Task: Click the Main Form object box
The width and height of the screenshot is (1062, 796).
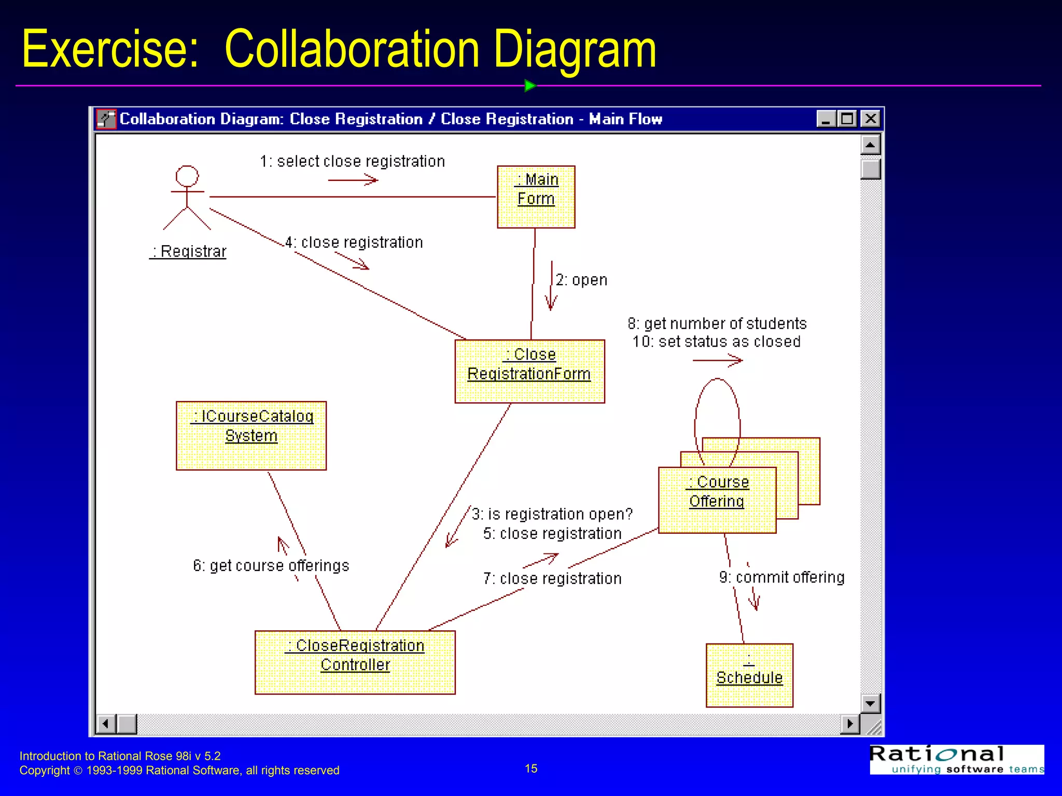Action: tap(536, 196)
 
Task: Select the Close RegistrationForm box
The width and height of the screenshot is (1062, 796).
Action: tap(529, 371)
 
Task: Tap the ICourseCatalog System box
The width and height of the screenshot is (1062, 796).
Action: tap(251, 435)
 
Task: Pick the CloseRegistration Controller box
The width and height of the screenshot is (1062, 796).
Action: tap(355, 662)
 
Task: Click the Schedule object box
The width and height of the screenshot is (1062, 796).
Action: tap(749, 675)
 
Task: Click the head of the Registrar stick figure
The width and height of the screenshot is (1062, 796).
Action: tap(187, 176)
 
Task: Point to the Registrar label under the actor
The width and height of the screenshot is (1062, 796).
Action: tap(188, 251)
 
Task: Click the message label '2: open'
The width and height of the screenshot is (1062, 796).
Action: tap(581, 280)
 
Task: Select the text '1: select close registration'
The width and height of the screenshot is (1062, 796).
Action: tap(352, 162)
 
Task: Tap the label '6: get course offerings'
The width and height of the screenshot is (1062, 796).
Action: tap(271, 565)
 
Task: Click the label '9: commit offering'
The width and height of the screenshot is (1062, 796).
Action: tap(781, 577)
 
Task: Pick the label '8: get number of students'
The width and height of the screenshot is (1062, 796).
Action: tap(717, 324)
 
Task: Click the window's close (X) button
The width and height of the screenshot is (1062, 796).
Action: tap(871, 119)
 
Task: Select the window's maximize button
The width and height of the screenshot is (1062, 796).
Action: tap(847, 119)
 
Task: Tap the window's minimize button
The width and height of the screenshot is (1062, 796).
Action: tap(826, 119)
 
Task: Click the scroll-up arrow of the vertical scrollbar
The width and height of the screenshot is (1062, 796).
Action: tap(870, 145)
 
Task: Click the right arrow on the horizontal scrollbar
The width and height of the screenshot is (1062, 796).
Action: tap(849, 723)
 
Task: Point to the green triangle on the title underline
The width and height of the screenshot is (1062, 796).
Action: tap(529, 86)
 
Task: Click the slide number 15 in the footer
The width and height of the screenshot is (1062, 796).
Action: tap(531, 769)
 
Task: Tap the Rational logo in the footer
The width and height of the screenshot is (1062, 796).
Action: tap(956, 759)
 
